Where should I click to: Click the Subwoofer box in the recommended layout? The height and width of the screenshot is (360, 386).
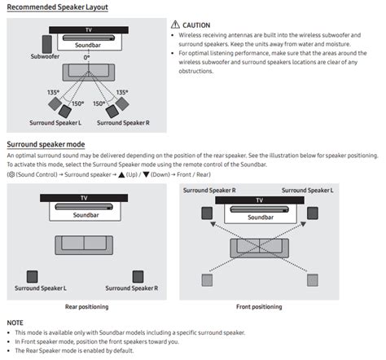tap(41, 43)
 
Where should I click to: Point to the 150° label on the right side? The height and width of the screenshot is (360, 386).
tap(98, 104)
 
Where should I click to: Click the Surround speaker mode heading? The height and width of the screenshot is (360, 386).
tap(42, 143)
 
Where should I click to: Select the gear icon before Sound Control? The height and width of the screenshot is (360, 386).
tap(11, 174)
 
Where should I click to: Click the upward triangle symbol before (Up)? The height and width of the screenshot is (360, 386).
tap(121, 174)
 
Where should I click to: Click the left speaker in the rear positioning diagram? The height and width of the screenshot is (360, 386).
tap(32, 276)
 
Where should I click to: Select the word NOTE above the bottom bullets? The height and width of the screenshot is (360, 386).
tap(16, 322)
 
